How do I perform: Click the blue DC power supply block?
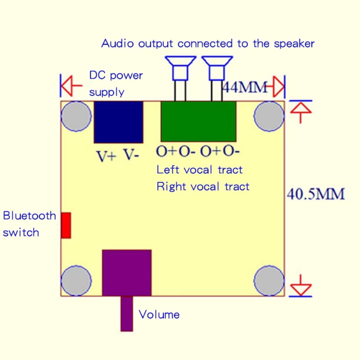click(118, 122)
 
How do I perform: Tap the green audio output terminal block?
click(198, 121)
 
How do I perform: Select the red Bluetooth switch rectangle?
click(66, 225)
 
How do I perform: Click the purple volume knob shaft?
click(127, 314)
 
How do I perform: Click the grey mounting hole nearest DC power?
click(76, 116)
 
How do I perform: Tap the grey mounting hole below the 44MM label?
click(269, 116)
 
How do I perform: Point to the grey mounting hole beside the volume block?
click(76, 281)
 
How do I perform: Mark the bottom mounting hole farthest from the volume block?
click(269, 281)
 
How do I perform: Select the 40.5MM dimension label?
click(316, 194)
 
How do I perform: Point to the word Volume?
click(159, 314)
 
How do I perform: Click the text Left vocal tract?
click(199, 170)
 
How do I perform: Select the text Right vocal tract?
click(203, 186)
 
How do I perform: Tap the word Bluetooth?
click(30, 216)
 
